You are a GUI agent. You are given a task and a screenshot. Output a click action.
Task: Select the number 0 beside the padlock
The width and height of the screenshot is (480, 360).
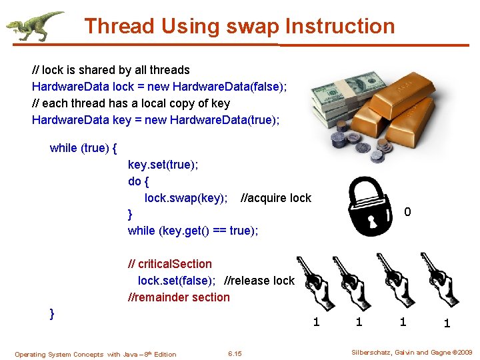click(x=407, y=213)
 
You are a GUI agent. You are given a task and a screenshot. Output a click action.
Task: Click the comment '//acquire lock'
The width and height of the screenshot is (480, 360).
click(x=275, y=198)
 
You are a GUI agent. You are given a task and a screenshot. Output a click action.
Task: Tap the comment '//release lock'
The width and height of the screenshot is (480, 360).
click(x=259, y=281)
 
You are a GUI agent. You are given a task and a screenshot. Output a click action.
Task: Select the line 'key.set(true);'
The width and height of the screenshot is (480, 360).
click(x=163, y=165)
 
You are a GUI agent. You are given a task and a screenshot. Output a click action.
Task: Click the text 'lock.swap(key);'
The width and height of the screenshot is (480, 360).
click(x=186, y=198)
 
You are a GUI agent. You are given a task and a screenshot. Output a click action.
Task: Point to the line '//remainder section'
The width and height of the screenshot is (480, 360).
click(x=179, y=297)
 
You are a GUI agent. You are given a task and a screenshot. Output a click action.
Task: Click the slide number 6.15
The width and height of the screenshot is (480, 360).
click(x=235, y=353)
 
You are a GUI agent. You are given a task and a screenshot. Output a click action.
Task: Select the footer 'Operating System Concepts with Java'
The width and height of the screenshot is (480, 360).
click(x=95, y=354)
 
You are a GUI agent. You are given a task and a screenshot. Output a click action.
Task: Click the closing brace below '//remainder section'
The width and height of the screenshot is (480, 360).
click(x=52, y=313)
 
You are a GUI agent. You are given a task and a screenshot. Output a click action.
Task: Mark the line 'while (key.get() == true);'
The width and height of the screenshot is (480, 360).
click(x=193, y=231)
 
